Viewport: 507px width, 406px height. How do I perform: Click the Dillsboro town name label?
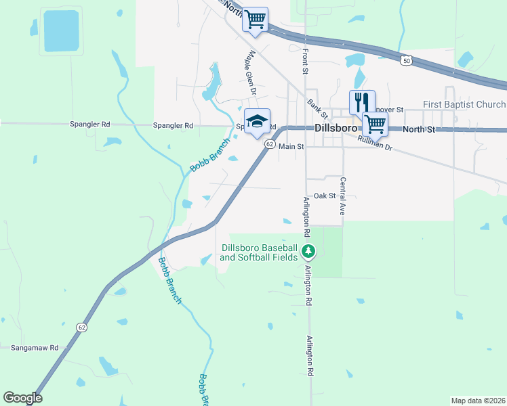(x=340, y=129)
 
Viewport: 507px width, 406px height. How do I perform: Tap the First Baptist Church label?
(x=464, y=105)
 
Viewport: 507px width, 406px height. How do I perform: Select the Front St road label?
(x=305, y=62)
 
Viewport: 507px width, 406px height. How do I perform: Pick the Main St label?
(x=291, y=146)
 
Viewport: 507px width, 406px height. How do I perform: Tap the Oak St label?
(x=325, y=196)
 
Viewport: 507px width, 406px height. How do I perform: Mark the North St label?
(x=417, y=129)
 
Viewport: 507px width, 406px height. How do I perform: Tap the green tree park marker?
(x=308, y=252)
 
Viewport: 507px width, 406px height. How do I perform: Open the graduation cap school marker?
(x=257, y=122)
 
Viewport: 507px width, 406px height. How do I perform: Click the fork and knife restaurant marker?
(x=362, y=102)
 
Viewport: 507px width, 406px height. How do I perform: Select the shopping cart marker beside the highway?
(x=255, y=20)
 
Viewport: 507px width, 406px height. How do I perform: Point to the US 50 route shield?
(x=405, y=61)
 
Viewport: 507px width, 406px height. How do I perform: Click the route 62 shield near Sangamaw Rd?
(x=82, y=327)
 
